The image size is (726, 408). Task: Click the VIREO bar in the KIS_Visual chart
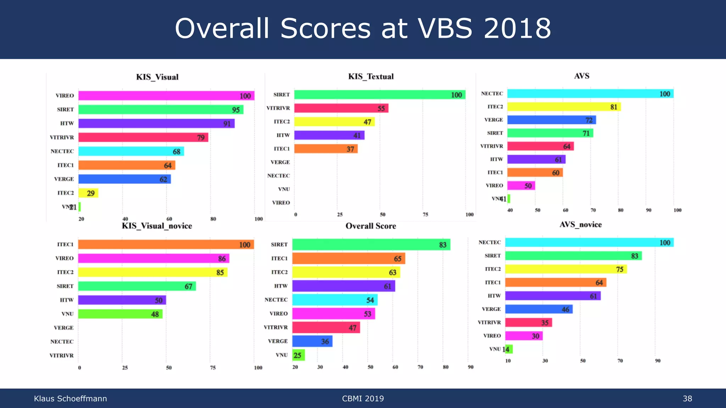click(166, 96)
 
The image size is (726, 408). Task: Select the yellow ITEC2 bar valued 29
click(88, 193)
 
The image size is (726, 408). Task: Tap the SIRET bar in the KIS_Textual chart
click(379, 95)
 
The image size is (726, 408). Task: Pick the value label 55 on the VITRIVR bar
click(381, 108)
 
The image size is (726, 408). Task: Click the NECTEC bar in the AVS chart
click(590, 93)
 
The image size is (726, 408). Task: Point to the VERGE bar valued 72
click(551, 120)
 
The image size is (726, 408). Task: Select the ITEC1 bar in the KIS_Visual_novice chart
click(166, 244)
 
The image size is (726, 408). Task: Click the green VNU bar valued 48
click(120, 314)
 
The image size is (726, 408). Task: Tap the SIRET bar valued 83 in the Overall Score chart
click(371, 244)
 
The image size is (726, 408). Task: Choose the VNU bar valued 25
click(298, 355)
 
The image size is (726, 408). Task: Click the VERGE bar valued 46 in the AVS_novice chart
click(538, 309)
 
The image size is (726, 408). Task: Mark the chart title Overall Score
click(371, 226)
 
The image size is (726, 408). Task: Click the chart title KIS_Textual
click(371, 76)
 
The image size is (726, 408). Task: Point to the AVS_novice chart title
click(580, 225)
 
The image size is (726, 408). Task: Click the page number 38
click(687, 398)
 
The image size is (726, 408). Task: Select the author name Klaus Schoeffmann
click(70, 398)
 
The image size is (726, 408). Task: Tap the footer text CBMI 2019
click(363, 398)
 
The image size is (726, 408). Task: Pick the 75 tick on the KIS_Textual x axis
click(425, 215)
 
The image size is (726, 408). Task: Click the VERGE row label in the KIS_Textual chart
click(280, 162)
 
